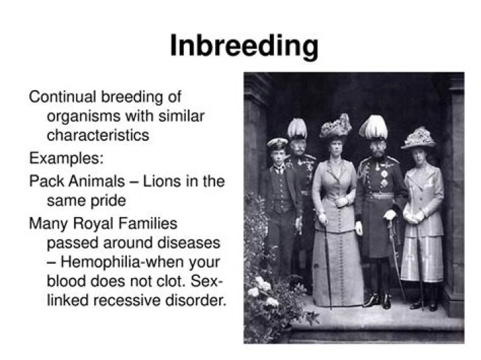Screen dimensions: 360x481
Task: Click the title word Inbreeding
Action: point(243,46)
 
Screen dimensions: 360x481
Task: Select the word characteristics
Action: point(98,135)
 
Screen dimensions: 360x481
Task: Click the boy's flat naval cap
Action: point(277,143)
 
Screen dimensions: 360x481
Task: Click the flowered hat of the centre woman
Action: point(335,126)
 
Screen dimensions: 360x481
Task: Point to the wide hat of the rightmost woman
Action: point(418,137)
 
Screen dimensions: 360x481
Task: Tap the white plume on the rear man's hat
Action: point(297,128)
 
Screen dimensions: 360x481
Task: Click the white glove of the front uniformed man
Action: point(389,215)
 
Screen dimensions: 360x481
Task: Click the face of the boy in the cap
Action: point(277,155)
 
